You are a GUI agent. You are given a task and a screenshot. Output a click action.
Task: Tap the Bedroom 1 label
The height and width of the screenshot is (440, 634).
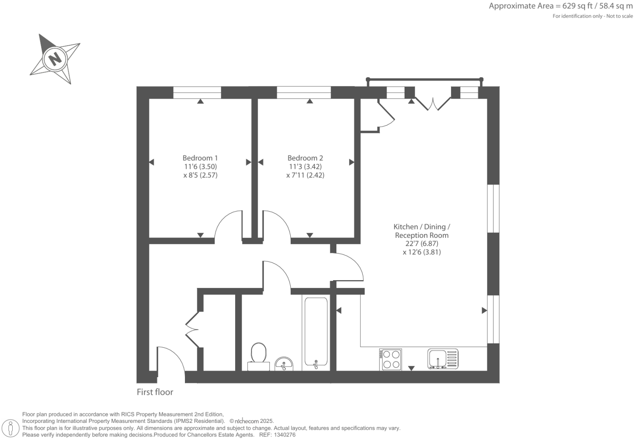coord(200,158)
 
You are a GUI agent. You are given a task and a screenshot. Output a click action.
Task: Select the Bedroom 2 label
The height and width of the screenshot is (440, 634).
coord(305,158)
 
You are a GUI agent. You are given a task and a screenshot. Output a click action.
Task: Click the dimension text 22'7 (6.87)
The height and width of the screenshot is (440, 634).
coord(422,243)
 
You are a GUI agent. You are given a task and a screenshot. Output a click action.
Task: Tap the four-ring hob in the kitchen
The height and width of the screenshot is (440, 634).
coord(391,359)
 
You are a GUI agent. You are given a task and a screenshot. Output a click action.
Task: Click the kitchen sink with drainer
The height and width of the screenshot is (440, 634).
coord(443,359)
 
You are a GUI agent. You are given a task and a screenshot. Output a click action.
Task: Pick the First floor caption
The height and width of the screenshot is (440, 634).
coord(155,392)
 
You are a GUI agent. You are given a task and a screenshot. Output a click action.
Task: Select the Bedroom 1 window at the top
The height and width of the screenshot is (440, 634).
coord(197,93)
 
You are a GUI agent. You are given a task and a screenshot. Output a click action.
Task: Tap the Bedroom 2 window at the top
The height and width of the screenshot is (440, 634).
coord(303,93)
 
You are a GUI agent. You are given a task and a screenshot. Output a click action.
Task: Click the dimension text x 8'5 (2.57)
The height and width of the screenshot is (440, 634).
coord(200,175)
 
